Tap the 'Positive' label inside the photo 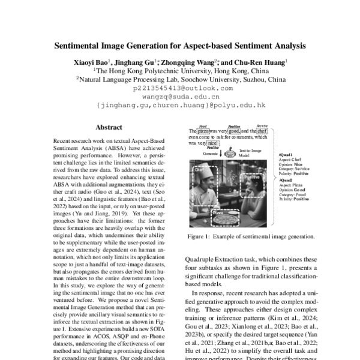253,178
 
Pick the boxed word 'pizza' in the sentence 204,131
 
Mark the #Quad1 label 286,155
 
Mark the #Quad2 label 286,180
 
